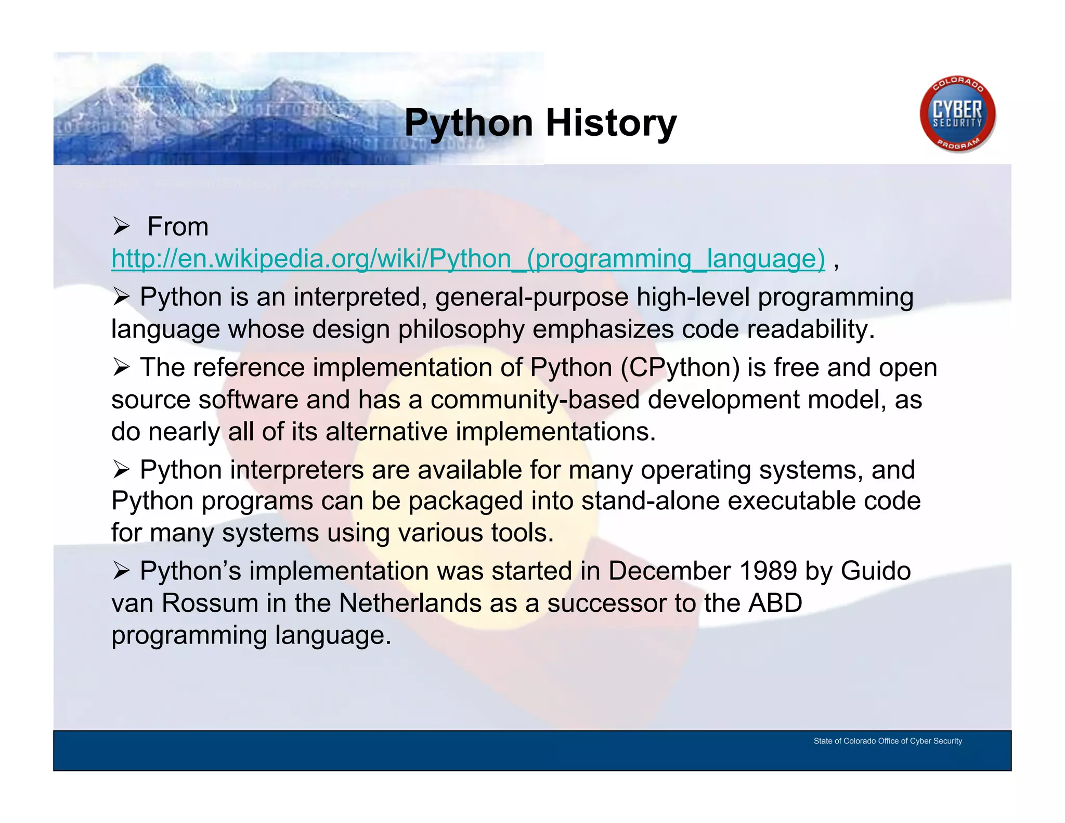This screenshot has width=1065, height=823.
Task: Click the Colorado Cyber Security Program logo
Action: (957, 114)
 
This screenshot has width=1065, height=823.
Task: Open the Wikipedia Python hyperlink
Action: (468, 259)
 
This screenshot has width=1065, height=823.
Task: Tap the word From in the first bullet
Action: (178, 227)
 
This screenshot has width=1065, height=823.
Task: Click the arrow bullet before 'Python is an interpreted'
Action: (121, 298)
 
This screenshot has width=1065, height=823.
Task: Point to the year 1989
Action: (768, 571)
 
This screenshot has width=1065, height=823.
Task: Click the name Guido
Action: (876, 571)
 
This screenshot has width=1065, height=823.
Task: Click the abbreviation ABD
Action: (775, 603)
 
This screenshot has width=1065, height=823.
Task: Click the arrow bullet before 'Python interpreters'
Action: (121, 470)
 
